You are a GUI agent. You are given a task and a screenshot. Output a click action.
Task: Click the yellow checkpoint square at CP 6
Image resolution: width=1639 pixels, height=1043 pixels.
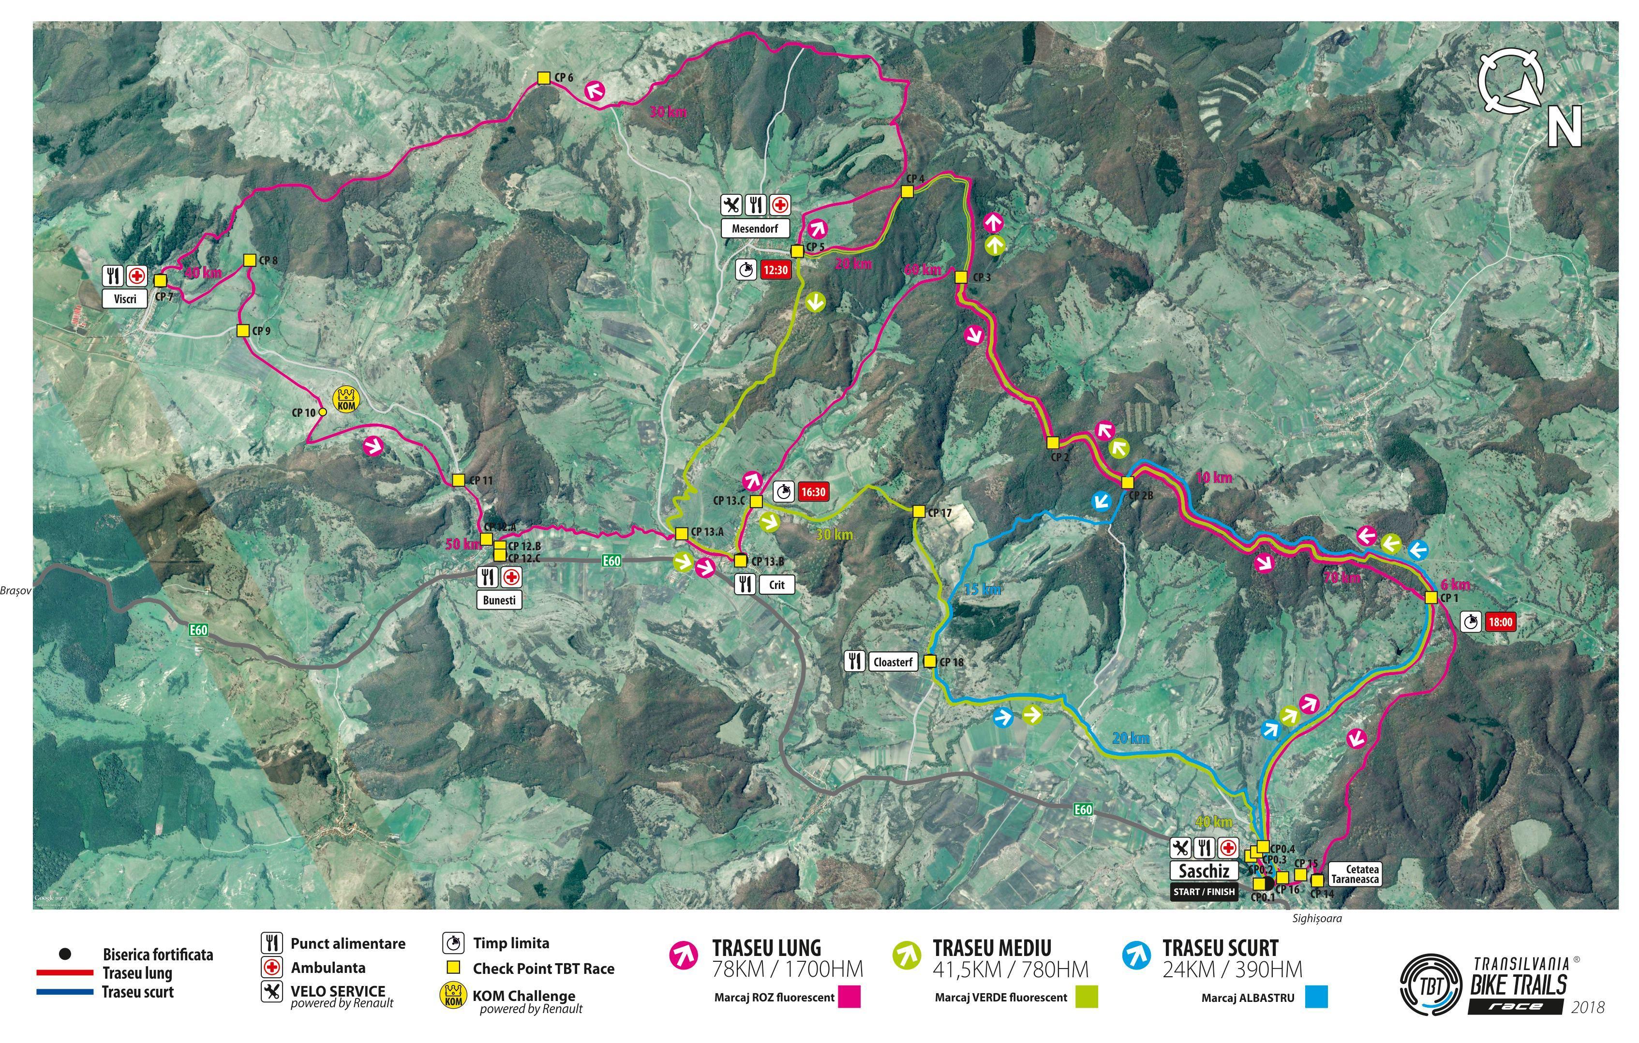point(543,78)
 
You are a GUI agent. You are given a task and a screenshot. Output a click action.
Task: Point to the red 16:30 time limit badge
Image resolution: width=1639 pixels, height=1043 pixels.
point(813,492)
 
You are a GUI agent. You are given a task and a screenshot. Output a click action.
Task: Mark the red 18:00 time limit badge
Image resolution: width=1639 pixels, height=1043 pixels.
point(1500,622)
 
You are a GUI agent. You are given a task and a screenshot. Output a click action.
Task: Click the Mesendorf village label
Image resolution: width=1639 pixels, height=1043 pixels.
point(754,229)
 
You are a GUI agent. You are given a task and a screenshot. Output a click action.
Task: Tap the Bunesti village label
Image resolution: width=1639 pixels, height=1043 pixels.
point(499,600)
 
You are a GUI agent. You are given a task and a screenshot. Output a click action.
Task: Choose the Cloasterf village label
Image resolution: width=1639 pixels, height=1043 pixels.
point(893,662)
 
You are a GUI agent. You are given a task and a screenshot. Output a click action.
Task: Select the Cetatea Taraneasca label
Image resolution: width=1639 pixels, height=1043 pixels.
point(1355,874)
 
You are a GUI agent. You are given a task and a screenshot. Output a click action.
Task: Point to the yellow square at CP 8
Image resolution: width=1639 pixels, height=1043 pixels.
point(249,260)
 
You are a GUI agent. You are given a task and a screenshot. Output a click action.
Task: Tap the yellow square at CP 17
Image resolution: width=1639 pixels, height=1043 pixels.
point(918,512)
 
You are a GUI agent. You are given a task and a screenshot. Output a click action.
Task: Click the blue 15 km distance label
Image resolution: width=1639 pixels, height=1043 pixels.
point(982,589)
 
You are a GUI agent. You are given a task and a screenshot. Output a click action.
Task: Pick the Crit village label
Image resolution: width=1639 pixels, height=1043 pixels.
point(776,585)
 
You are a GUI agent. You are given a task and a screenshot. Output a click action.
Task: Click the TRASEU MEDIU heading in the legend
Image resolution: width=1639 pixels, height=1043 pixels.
point(992,948)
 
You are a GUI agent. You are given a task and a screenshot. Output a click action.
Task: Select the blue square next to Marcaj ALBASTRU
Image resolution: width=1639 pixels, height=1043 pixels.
point(1316,998)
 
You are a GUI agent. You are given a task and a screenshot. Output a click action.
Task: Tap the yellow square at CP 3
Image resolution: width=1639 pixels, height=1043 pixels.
point(961,278)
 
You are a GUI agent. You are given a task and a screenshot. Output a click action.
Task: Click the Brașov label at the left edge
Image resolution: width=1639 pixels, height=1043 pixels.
point(15,590)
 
